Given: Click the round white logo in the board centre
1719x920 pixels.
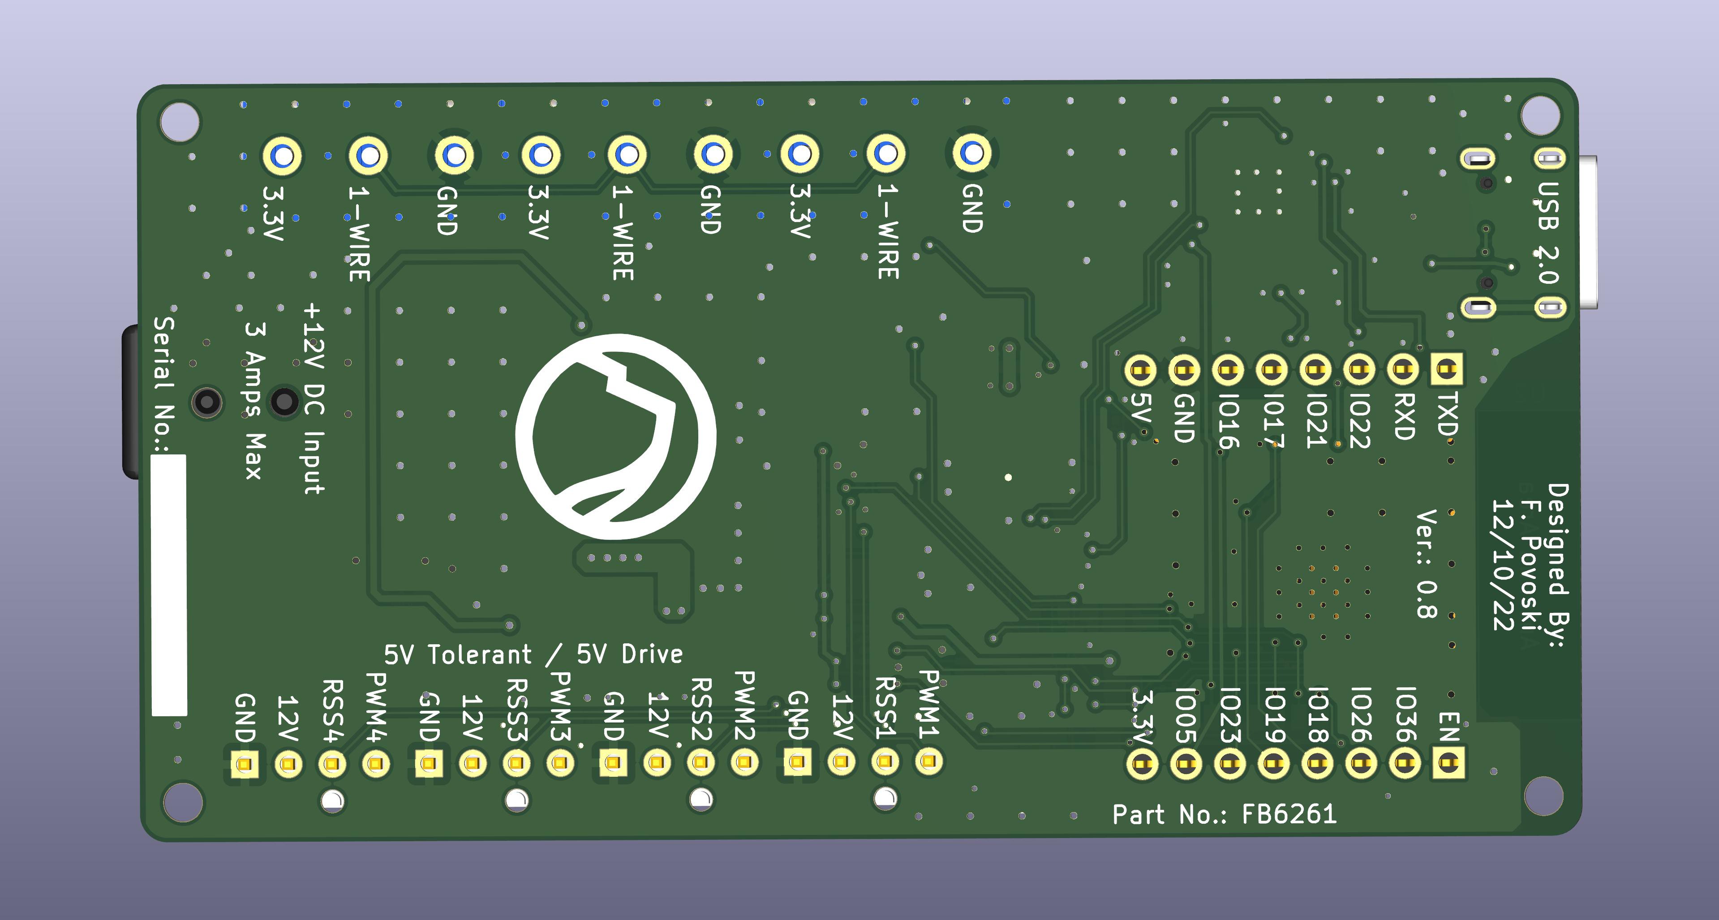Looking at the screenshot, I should tap(615, 436).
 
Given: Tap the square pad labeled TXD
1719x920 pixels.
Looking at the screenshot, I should tap(1446, 369).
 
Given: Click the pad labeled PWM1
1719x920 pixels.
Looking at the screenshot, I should tap(929, 761).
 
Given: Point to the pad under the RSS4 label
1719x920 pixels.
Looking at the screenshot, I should tap(331, 764).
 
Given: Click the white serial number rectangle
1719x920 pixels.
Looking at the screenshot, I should tap(169, 585).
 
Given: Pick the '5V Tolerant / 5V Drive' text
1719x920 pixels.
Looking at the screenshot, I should tap(533, 655).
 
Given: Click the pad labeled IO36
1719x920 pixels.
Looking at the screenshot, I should tap(1404, 763).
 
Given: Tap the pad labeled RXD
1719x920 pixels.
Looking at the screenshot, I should tap(1403, 369).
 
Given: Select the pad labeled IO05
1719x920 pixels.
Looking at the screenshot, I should tap(1185, 763).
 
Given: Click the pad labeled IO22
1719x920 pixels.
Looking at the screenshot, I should tap(1358, 369).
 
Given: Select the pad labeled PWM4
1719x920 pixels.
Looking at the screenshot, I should tap(376, 764).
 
